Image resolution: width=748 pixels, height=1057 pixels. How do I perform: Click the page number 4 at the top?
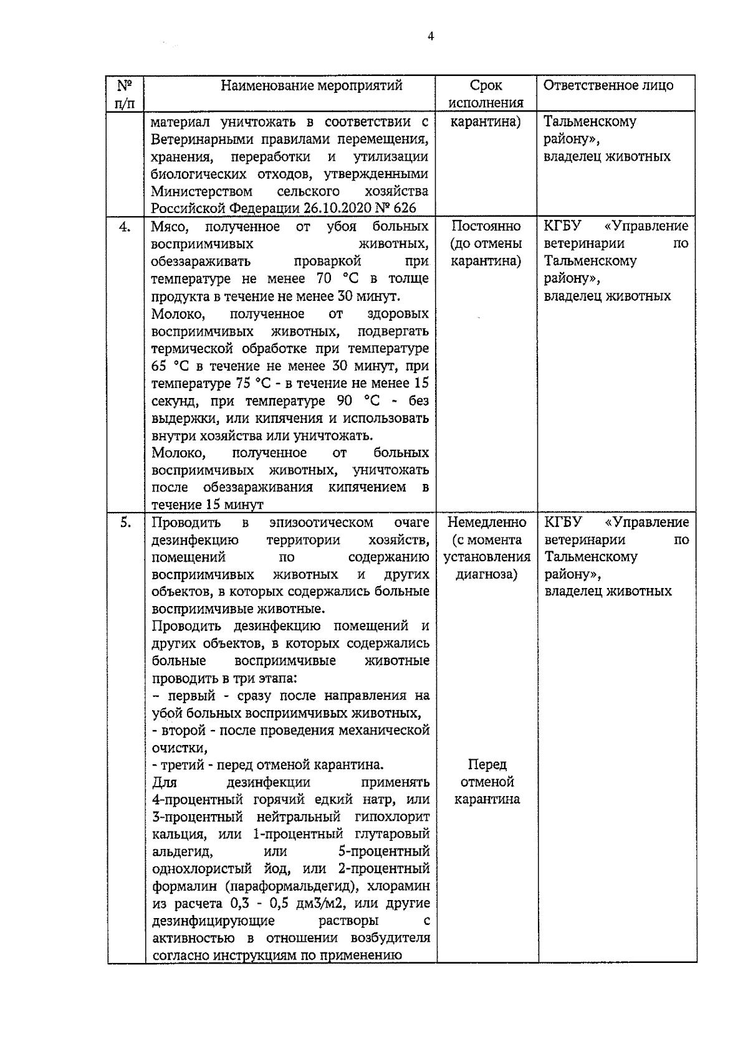431,36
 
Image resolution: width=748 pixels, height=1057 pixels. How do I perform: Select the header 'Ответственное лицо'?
608,85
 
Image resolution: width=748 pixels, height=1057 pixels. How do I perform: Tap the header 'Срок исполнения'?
486,94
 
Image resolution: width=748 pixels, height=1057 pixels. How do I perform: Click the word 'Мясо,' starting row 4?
170,226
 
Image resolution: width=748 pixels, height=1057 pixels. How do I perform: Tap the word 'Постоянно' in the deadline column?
486,226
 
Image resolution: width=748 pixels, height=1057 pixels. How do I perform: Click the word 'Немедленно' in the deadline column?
486,522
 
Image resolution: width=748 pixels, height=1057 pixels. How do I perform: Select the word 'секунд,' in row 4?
174,401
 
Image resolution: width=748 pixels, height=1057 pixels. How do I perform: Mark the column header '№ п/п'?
125,94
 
